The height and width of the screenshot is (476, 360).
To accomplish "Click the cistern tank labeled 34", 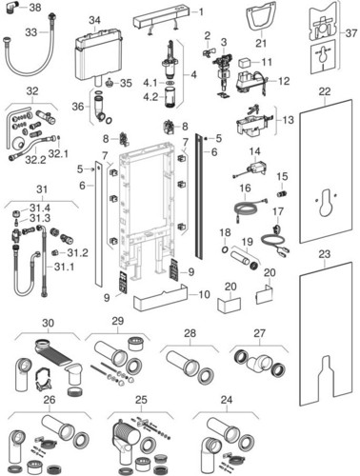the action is (98, 54).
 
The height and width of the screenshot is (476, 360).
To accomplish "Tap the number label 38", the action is (35, 8).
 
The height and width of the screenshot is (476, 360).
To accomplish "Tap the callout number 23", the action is (325, 254).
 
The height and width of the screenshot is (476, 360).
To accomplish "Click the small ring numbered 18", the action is (225, 249).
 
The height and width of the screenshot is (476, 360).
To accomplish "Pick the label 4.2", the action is (150, 97).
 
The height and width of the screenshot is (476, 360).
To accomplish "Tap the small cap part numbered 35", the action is (110, 85).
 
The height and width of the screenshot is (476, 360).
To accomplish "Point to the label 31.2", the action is (77, 253).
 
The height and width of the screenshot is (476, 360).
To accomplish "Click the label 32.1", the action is (58, 154).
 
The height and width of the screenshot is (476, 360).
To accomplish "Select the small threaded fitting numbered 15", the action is (281, 193).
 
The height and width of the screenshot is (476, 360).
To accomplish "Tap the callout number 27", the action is (259, 333).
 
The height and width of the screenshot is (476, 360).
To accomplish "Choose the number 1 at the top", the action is (201, 12).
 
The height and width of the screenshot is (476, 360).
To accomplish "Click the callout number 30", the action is (48, 323).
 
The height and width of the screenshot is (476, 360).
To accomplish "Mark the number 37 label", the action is (351, 32).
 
